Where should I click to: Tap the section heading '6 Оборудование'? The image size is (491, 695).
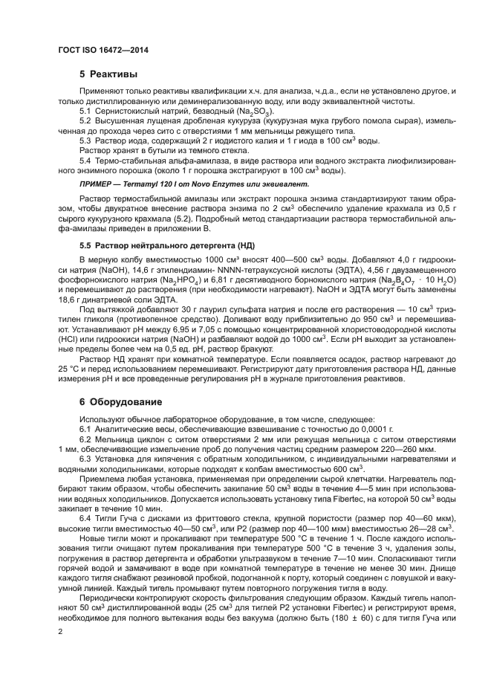(120, 401)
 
